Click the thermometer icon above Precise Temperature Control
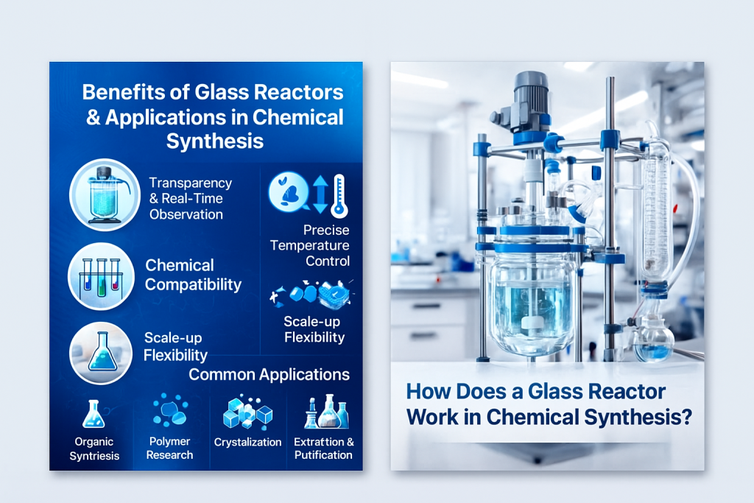[339, 194]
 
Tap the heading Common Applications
[269, 374]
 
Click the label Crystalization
[247, 442]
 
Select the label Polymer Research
[169, 448]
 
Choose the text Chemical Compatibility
[193, 275]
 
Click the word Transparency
[190, 183]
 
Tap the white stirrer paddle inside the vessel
[530, 323]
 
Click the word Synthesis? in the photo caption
[638, 417]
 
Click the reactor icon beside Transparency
[105, 194]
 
